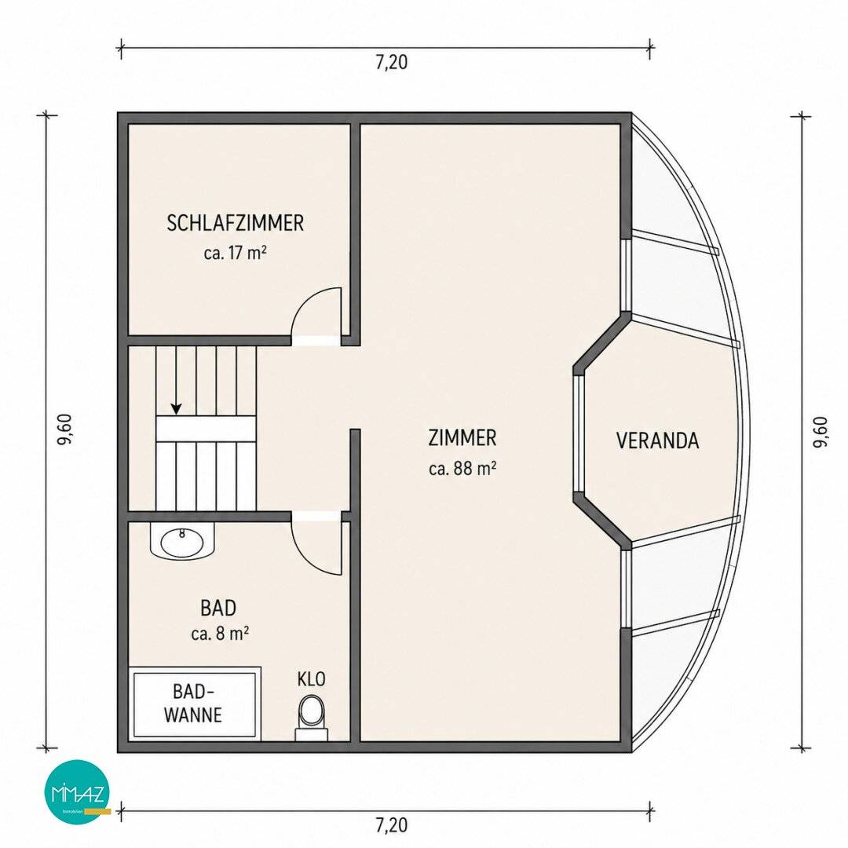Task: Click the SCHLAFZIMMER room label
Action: (236, 223)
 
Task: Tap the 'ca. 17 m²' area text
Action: (236, 253)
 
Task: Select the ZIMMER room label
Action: (462, 437)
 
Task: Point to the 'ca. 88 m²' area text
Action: (462, 468)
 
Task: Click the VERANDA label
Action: (658, 440)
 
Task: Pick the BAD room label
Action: (218, 608)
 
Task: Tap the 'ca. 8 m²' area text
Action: (220, 634)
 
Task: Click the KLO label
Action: (312, 679)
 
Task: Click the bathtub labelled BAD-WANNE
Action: (195, 704)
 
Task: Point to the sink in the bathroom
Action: (182, 541)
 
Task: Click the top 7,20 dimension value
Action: (392, 63)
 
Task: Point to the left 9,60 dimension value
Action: (64, 430)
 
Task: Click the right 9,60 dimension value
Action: (820, 432)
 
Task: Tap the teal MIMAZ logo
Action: (77, 791)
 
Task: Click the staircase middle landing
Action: (206, 429)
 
